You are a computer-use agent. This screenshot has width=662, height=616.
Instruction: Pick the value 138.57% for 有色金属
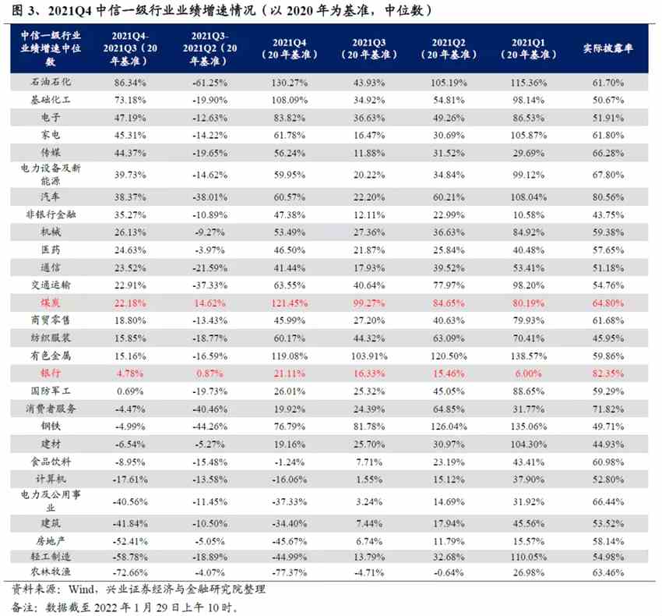[x=532, y=356]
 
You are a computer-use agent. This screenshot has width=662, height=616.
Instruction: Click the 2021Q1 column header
[x=532, y=48]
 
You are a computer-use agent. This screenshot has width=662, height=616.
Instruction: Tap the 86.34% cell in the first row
[x=131, y=82]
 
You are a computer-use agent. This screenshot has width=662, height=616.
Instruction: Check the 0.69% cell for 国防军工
[x=131, y=391]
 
